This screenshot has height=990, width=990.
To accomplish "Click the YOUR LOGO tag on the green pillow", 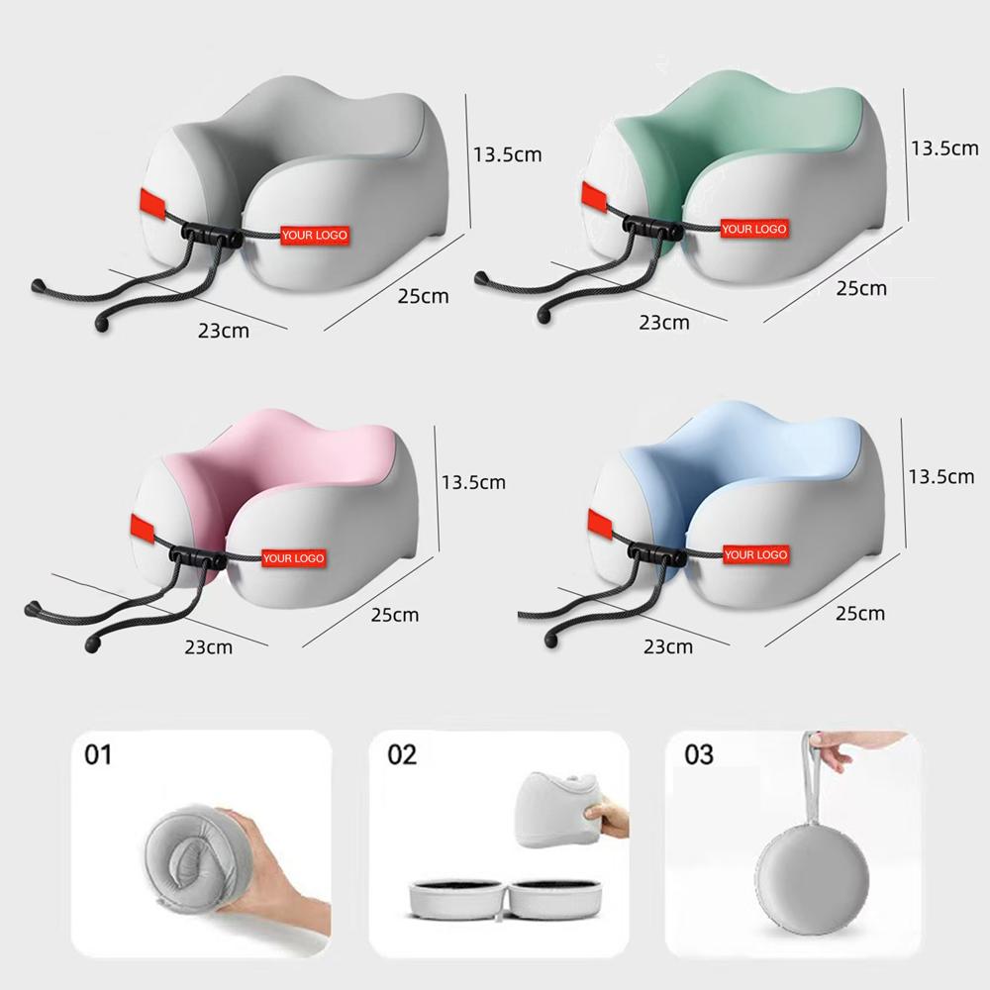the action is (754, 229).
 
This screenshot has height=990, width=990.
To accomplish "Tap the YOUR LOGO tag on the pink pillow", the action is (294, 558).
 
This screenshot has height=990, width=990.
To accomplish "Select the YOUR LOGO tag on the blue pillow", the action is (755, 555).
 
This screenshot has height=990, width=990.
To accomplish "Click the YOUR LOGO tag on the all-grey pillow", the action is (315, 235).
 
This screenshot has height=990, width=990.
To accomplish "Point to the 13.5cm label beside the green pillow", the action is (943, 148).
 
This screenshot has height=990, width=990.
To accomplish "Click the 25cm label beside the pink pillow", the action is (395, 615).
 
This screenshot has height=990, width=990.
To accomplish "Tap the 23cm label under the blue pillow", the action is (668, 646).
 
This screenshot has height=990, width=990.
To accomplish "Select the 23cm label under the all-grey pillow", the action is (224, 331).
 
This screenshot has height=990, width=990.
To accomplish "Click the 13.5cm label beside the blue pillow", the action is (941, 477).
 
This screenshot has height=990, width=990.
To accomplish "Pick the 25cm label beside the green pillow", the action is (862, 288).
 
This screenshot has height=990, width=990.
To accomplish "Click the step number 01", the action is (98, 754).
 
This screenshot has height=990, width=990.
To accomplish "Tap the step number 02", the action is (402, 754).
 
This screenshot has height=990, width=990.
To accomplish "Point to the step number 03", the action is (699, 754).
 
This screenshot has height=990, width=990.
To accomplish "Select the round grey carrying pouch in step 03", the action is (813, 877).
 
